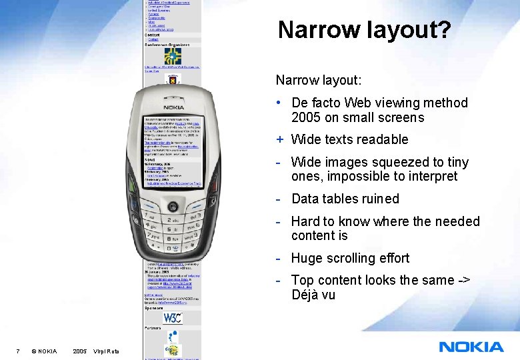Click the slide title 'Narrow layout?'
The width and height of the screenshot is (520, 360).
click(x=364, y=30)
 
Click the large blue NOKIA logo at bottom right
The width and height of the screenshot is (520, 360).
click(x=471, y=347)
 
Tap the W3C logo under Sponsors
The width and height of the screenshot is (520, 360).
click(x=173, y=317)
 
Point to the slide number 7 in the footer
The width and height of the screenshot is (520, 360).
click(x=17, y=351)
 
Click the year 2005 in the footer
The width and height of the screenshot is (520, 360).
click(x=79, y=351)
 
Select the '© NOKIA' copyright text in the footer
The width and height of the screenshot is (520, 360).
click(x=44, y=351)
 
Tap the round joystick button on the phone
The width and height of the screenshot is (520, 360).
click(x=173, y=205)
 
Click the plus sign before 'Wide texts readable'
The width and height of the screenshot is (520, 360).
click(x=281, y=139)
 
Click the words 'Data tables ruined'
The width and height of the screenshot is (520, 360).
click(x=345, y=199)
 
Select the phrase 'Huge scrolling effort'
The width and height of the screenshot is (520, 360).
click(x=350, y=258)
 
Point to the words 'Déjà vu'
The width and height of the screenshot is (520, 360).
click(x=313, y=295)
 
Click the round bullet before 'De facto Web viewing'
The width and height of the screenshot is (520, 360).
click(x=281, y=103)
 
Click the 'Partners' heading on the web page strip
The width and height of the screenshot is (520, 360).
click(x=152, y=328)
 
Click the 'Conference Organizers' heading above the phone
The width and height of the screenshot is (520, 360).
click(x=167, y=45)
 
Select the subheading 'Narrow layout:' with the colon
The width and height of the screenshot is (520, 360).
click(x=319, y=80)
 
